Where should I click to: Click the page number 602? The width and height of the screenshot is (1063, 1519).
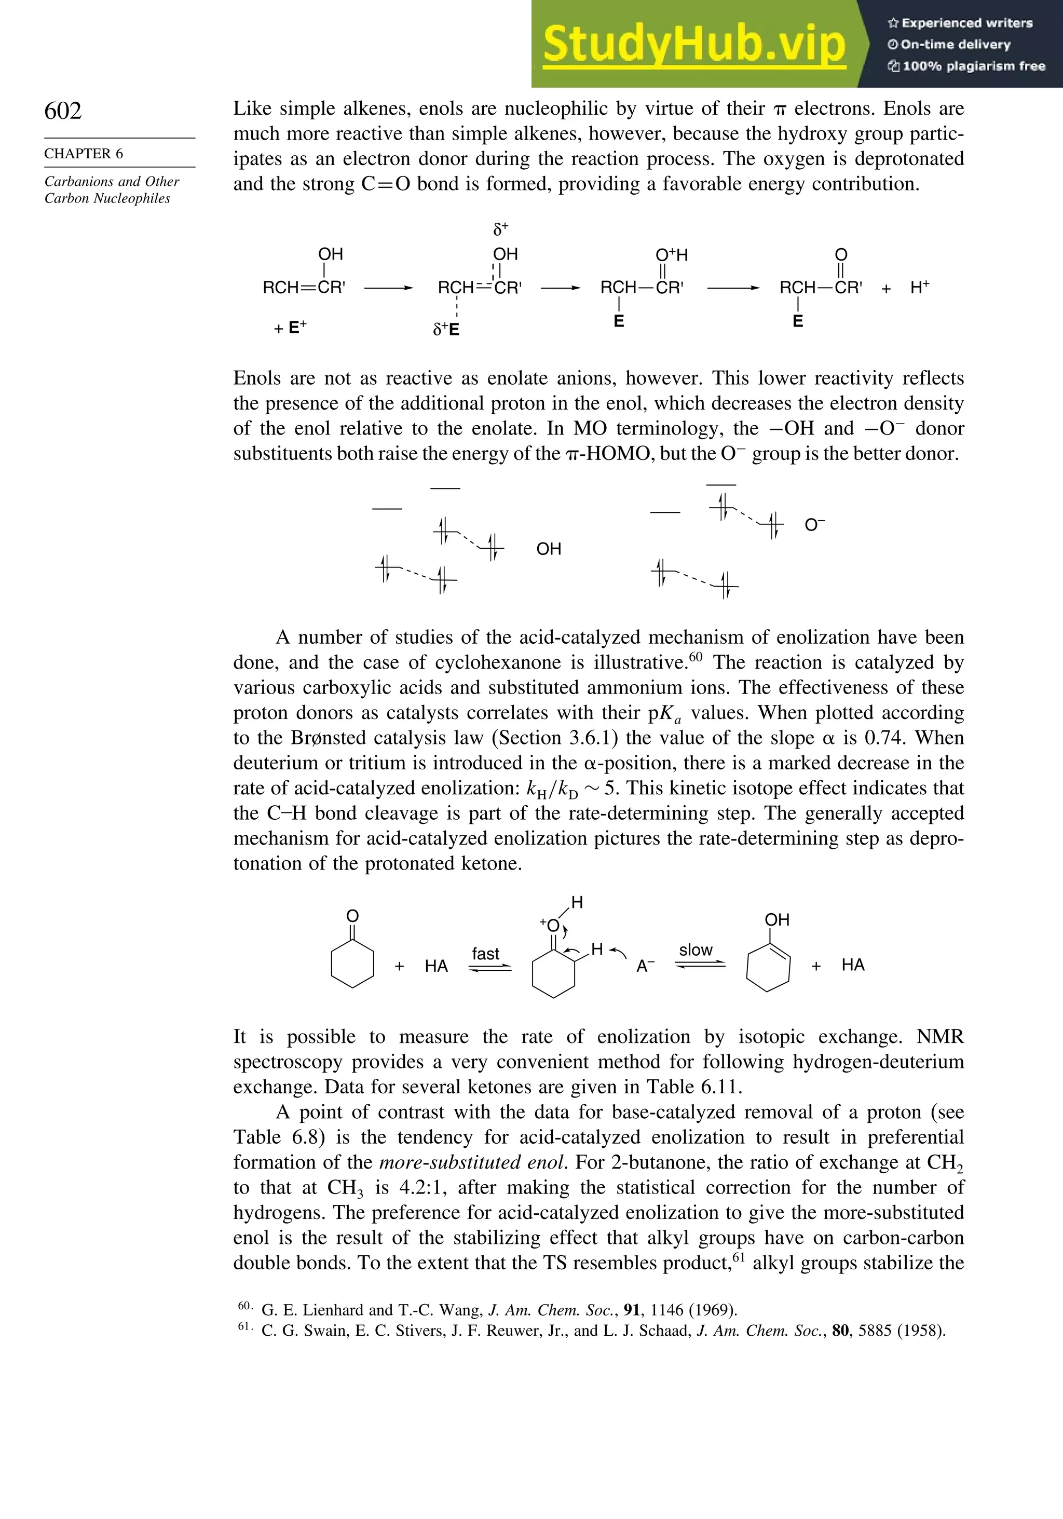pos(63,111)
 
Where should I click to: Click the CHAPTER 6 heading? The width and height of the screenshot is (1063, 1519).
pos(84,154)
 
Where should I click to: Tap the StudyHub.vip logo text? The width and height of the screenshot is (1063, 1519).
pos(694,44)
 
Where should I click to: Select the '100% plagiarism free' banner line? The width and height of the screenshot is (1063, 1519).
pos(966,66)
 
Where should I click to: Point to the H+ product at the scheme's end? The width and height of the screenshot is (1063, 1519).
pos(919,287)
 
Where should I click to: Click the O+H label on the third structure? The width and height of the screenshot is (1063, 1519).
pos(672,255)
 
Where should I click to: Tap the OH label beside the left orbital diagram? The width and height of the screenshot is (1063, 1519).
pos(548,548)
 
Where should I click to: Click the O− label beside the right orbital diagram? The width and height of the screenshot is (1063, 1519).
pos(814,525)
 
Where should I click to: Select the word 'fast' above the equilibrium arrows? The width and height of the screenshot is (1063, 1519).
pos(485,953)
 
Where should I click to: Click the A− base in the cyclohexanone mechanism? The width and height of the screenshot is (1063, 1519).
pos(645,967)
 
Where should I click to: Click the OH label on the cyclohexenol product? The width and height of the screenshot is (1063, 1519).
pos(776,919)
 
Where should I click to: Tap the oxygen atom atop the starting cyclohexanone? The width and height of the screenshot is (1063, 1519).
pos(352,916)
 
